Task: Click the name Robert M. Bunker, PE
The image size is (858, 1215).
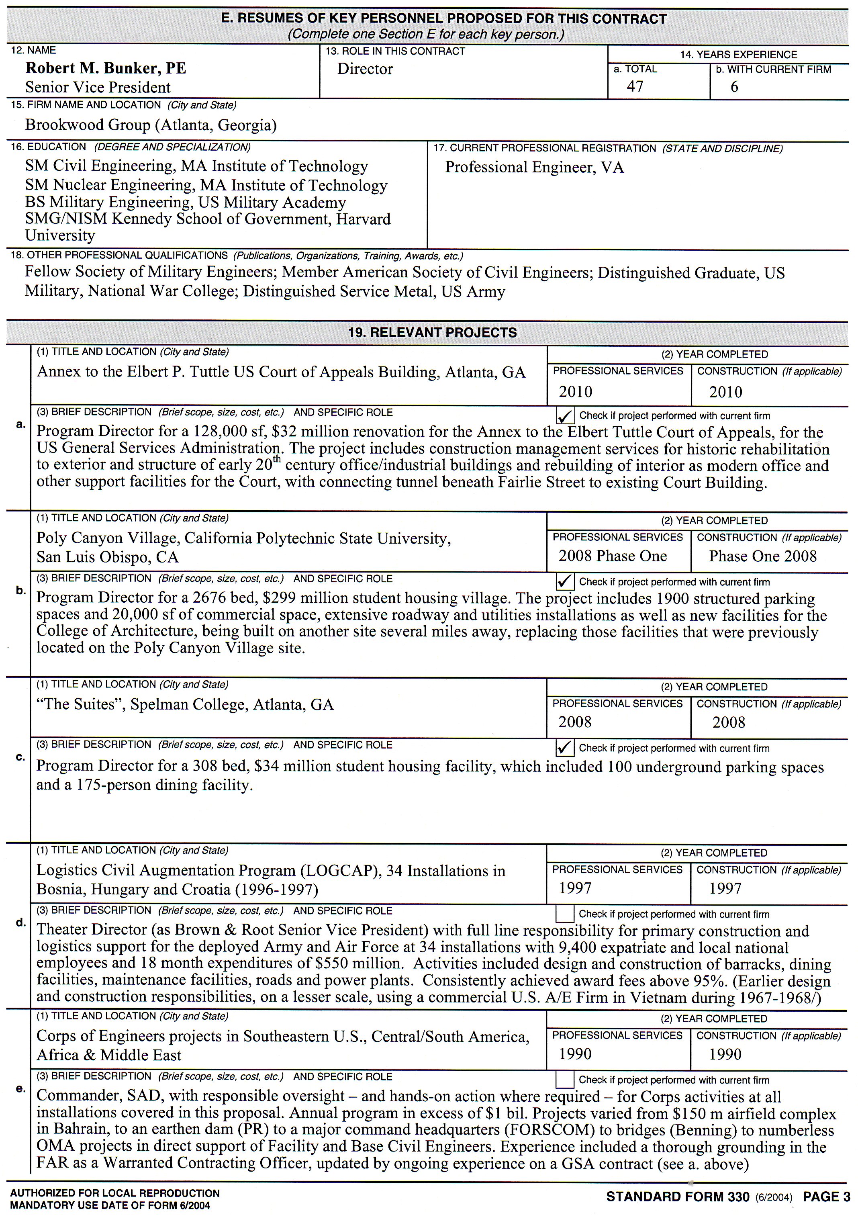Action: (x=106, y=68)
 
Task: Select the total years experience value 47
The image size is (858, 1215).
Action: (x=635, y=86)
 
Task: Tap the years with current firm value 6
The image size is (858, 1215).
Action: (x=734, y=87)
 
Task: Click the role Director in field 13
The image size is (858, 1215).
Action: (x=365, y=69)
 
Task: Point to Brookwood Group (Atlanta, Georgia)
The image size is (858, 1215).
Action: (x=151, y=125)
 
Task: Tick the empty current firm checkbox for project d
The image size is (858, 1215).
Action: (x=565, y=914)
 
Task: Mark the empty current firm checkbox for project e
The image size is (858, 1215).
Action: (x=565, y=1080)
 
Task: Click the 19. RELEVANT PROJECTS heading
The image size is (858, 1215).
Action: (x=432, y=332)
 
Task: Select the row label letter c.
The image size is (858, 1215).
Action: (x=20, y=757)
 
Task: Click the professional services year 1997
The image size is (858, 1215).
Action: (x=575, y=888)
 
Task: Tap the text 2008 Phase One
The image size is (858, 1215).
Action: (x=613, y=556)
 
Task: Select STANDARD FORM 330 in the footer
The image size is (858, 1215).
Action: (x=678, y=1197)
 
